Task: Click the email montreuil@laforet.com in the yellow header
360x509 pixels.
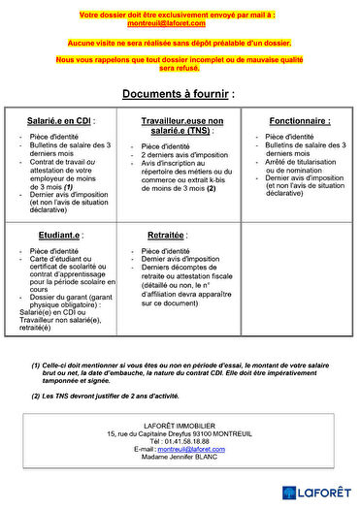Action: click(178, 22)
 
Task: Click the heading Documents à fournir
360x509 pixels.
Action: click(178, 94)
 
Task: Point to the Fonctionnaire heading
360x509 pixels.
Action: click(299, 121)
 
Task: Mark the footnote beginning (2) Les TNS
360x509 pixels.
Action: click(120, 396)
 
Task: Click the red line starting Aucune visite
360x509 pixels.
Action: click(178, 44)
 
